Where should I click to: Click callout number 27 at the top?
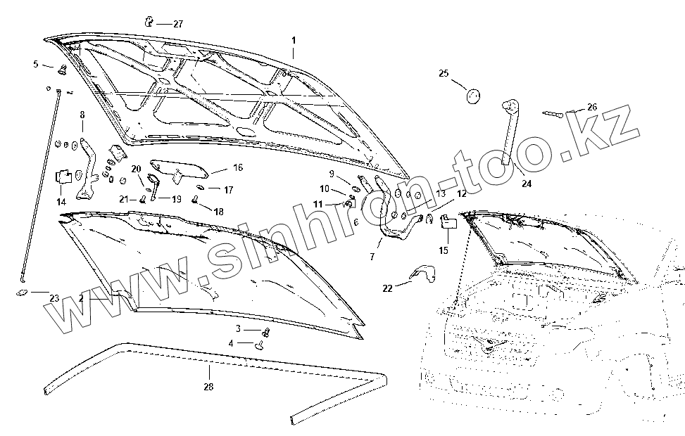pyautogui.click(x=177, y=24)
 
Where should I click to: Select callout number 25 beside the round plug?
pyautogui.click(x=444, y=73)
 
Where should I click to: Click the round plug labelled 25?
pyautogui.click(x=472, y=95)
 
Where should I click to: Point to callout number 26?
pyautogui.click(x=591, y=107)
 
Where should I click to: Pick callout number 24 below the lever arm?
pyautogui.click(x=527, y=184)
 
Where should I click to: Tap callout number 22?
pyautogui.click(x=387, y=287)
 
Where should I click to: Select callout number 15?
pyautogui.click(x=444, y=250)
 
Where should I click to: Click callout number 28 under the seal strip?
pyautogui.click(x=208, y=387)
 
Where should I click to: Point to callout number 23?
pyautogui.click(x=54, y=298)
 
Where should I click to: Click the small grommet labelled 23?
pyautogui.click(x=21, y=291)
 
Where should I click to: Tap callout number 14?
pyautogui.click(x=61, y=202)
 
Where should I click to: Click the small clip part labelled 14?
pyautogui.click(x=63, y=174)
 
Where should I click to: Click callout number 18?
pyautogui.click(x=218, y=211)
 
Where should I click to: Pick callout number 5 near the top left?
pyautogui.click(x=35, y=64)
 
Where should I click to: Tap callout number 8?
pyautogui.click(x=82, y=115)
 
